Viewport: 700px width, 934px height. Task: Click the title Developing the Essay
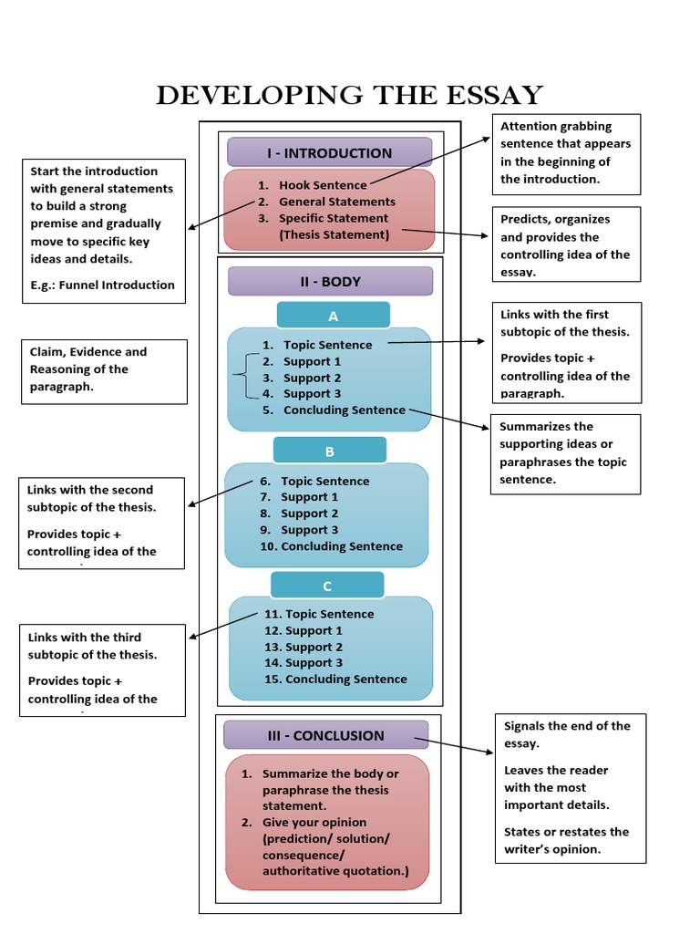pyautogui.click(x=349, y=95)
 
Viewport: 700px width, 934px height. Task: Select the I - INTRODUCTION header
pyautogui.click(x=329, y=153)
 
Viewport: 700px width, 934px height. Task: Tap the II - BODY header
pyautogui.click(x=330, y=282)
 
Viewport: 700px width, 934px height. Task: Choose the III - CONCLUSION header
pyautogui.click(x=325, y=735)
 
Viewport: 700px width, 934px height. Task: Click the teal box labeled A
pyautogui.click(x=333, y=317)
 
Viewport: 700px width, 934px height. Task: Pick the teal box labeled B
pyautogui.click(x=330, y=451)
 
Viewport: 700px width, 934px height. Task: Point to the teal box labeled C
pyautogui.click(x=327, y=586)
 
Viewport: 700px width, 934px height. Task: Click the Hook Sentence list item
pyautogui.click(x=323, y=185)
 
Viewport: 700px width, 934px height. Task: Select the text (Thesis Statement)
pyautogui.click(x=334, y=234)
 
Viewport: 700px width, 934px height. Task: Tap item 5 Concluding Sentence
pyautogui.click(x=344, y=410)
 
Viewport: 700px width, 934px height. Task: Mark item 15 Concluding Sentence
pyautogui.click(x=345, y=680)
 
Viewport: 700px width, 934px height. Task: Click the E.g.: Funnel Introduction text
pyautogui.click(x=102, y=285)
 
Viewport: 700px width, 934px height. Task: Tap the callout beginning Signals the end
pyautogui.click(x=570, y=787)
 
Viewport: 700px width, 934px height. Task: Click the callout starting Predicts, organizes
pyautogui.click(x=565, y=245)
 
